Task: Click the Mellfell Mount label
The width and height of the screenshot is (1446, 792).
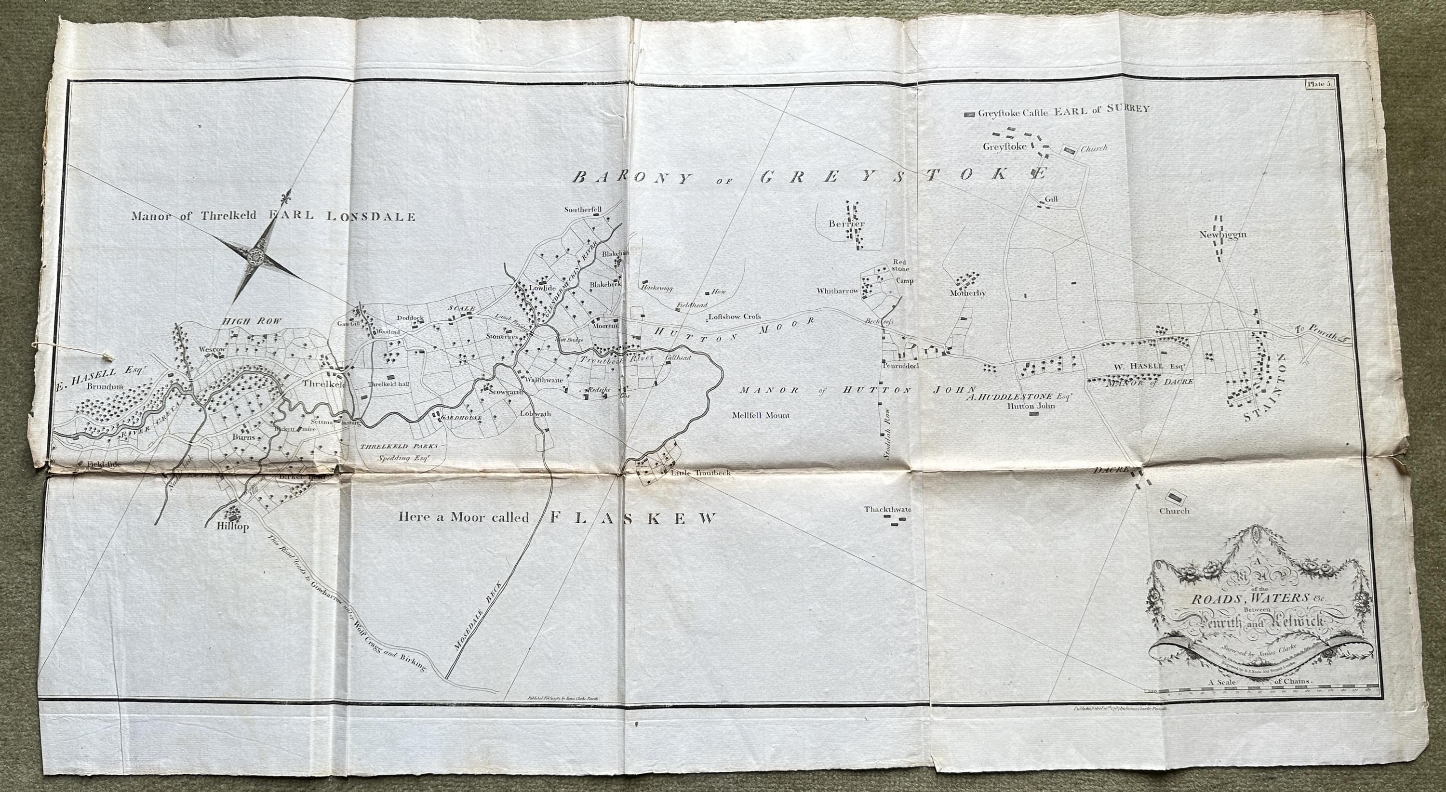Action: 761,416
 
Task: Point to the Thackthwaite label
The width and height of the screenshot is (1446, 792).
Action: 888,509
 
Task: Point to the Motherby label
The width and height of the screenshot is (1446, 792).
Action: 968,293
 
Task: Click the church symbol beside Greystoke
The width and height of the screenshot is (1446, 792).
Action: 1069,150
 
